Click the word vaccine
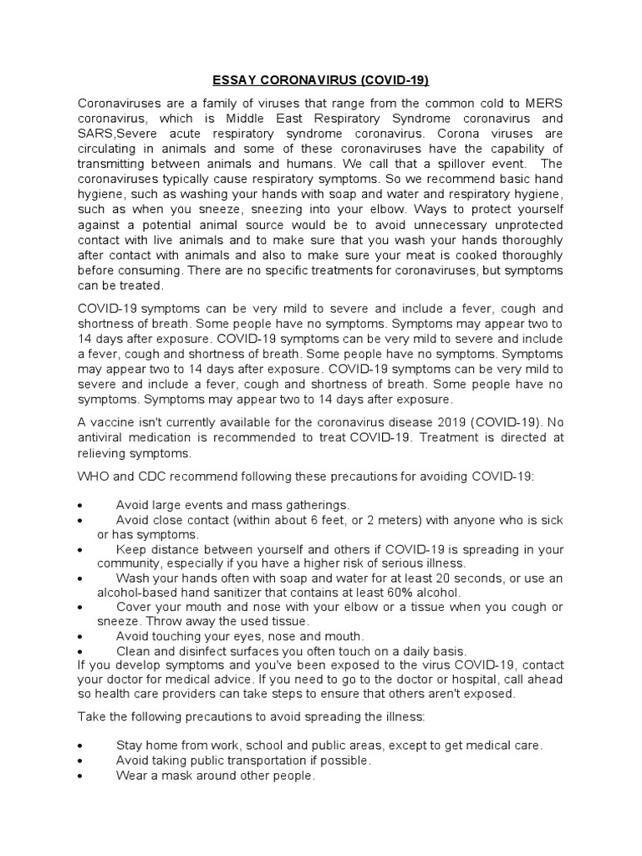(113, 422)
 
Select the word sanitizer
(226, 592)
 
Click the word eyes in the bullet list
(251, 635)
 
